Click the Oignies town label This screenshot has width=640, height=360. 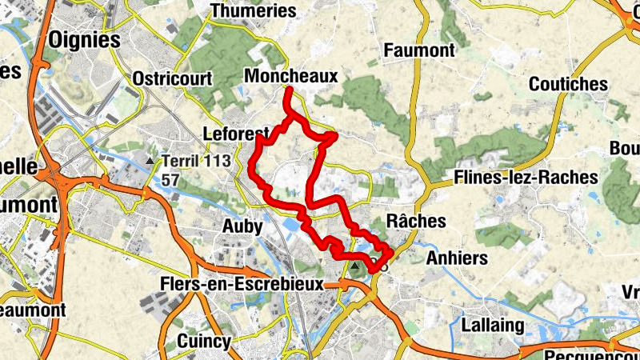click(x=84, y=39)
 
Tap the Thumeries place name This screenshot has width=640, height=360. click(x=253, y=11)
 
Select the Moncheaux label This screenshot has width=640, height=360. click(x=292, y=76)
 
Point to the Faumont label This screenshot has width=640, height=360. click(x=419, y=50)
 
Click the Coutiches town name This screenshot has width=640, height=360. click(x=569, y=84)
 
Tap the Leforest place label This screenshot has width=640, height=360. click(x=233, y=133)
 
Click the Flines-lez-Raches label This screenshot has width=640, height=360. click(x=526, y=177)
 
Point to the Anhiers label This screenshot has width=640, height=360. click(x=457, y=258)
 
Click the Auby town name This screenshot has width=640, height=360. click(x=242, y=226)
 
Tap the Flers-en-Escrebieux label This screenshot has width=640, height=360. click(x=242, y=284)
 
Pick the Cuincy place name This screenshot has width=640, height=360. click(x=203, y=340)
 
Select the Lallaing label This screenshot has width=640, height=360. click(x=493, y=326)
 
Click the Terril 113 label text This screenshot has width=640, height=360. click(x=196, y=161)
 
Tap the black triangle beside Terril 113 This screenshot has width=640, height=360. click(x=150, y=162)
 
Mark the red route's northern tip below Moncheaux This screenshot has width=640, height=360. click(x=286, y=90)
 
